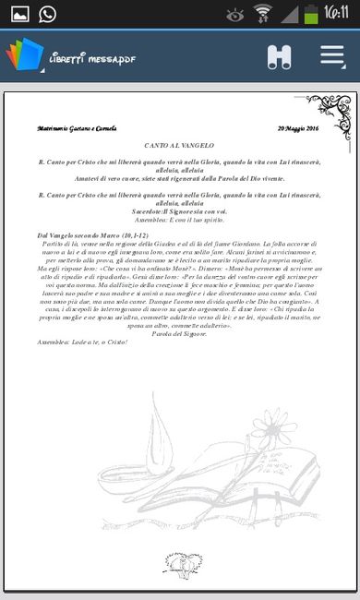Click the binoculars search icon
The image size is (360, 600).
click(279, 56)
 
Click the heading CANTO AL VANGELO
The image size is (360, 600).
click(179, 147)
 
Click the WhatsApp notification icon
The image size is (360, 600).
click(47, 13)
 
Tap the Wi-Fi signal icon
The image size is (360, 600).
click(264, 13)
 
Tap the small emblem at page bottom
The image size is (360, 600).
click(179, 562)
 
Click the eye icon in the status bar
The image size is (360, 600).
click(235, 14)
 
